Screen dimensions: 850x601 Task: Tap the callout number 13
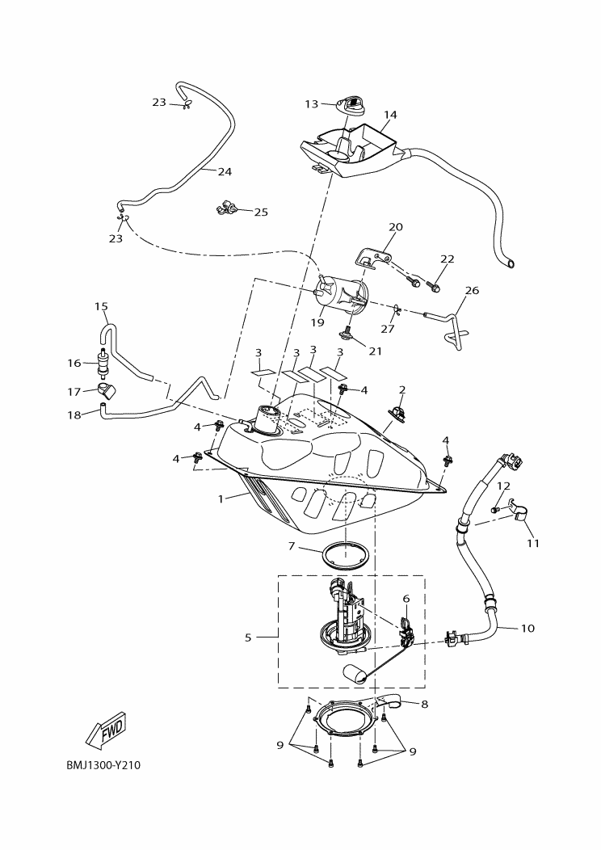coord(312,104)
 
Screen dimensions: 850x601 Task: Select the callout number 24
coord(225,171)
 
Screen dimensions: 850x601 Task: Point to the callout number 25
coord(260,212)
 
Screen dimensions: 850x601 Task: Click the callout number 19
coord(317,322)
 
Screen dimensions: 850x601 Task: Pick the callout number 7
coord(291,546)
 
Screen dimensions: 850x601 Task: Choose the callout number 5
coord(248,637)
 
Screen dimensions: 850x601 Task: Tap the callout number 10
coord(527,628)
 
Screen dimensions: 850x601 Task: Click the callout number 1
coord(221,499)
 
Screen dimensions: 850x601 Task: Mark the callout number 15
coord(101,306)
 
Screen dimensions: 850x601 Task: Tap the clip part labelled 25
coord(225,209)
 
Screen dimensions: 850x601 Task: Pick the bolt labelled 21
coord(349,332)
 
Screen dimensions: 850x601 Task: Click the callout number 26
coord(472,290)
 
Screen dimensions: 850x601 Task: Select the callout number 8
coord(424,704)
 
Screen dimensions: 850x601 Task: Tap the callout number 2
coord(401,390)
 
